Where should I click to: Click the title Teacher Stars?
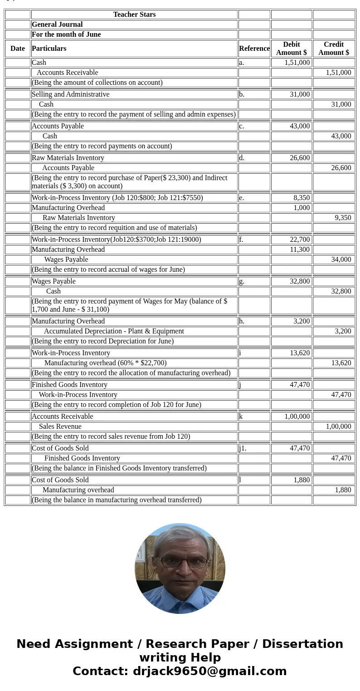coord(134,15)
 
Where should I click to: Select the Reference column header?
coord(254,49)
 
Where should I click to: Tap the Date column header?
coord(18,49)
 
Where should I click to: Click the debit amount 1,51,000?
coord(297,63)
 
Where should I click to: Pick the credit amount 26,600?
coord(341,168)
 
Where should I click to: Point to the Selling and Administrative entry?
coord(71,94)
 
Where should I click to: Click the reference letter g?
coord(242,281)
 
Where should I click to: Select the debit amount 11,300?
coord(300,250)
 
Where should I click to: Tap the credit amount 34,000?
coord(341,260)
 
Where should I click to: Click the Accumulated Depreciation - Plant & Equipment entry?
coord(114,331)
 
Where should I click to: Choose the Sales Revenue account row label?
coord(60,426)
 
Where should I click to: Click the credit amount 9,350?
coord(343,218)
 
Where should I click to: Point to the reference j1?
coord(243,448)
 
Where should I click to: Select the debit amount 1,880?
coord(302,480)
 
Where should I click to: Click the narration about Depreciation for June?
coord(103,341)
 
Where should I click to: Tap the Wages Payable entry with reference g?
coord(54,281)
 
